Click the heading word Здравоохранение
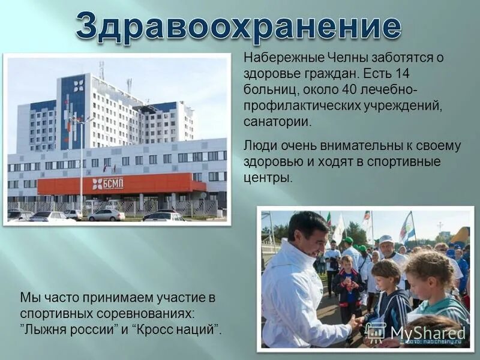click(x=238, y=26)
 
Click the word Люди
click(x=259, y=146)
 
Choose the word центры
click(x=267, y=178)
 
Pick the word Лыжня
click(x=46, y=329)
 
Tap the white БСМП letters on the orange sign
click(x=112, y=184)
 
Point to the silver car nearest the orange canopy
click(x=106, y=215)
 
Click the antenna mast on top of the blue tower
click(x=101, y=70)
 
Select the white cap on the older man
click(x=386, y=239)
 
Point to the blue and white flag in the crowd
click(x=408, y=228)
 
